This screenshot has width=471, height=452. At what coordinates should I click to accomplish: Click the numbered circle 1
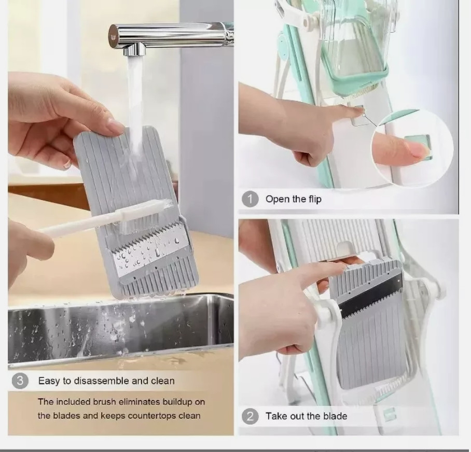[x=250, y=199]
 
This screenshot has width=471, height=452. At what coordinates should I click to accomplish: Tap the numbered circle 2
[x=250, y=416]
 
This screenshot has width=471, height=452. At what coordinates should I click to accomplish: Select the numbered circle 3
[x=20, y=381]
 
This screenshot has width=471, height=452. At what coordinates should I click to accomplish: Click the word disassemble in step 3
[x=102, y=380]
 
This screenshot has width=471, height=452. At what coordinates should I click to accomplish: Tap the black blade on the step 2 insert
[x=371, y=297]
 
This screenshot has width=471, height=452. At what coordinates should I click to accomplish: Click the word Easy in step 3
[x=49, y=381]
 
